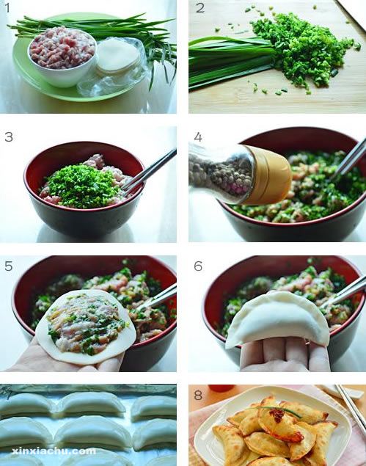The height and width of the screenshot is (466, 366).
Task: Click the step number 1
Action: coord(8,8)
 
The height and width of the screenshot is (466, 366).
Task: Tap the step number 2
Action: coord(200,8)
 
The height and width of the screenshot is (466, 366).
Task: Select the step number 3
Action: coord(9,137)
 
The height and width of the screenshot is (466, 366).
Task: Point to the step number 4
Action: coord(198,137)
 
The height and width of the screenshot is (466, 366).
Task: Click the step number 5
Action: coord(9,266)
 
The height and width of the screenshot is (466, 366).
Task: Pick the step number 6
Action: coord(198,266)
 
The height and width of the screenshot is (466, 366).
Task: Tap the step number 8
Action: coord(198,395)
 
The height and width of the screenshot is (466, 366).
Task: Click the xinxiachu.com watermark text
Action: coord(54,451)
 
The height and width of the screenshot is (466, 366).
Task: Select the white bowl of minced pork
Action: coord(62,57)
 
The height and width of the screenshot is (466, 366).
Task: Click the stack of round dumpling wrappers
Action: coord(118,56)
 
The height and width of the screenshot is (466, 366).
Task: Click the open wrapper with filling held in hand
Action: coord(86,327)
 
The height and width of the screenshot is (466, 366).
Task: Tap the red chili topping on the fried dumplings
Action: coord(278,415)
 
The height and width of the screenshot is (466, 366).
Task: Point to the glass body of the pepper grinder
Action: coord(222,174)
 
